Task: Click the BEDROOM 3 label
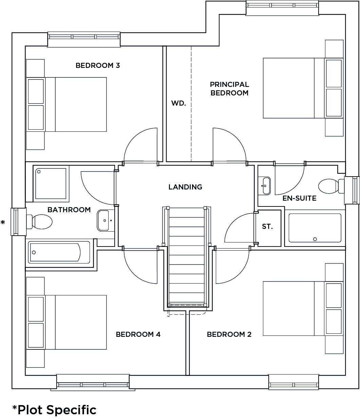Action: pyautogui.click(x=98, y=66)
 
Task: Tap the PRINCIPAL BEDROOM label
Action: pyautogui.click(x=229, y=89)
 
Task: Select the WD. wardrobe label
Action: pyautogui.click(x=178, y=103)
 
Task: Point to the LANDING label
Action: pyautogui.click(x=185, y=187)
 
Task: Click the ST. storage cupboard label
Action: pyautogui.click(x=267, y=226)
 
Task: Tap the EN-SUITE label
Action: pyautogui.click(x=299, y=198)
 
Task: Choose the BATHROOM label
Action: pyautogui.click(x=69, y=210)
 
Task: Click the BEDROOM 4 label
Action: pyautogui.click(x=138, y=334)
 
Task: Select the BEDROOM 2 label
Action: pyautogui.click(x=229, y=334)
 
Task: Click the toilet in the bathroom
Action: pyautogui.click(x=39, y=222)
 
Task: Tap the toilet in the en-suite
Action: pyautogui.click(x=331, y=186)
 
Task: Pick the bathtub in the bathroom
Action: pyautogui.click(x=59, y=252)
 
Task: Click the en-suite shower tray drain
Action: pyautogui.click(x=315, y=239)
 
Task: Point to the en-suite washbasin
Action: pyautogui.click(x=264, y=186)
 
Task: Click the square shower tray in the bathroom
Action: pyautogui.click(x=51, y=184)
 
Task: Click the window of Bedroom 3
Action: pyautogui.click(x=84, y=39)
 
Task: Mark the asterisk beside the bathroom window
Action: pyautogui.click(x=3, y=223)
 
